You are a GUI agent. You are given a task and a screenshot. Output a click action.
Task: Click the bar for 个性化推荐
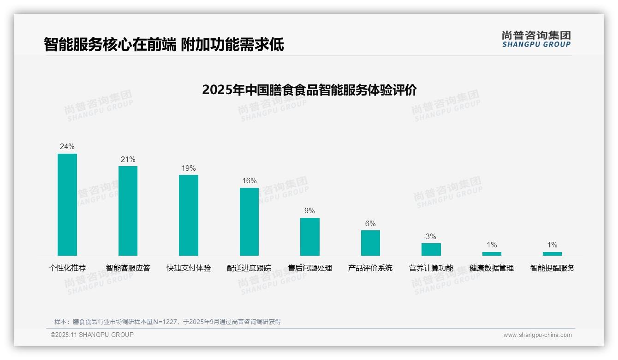67,204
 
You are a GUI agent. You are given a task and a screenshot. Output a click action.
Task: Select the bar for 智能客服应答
128,211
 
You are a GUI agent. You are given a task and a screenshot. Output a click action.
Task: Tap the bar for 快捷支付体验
189,215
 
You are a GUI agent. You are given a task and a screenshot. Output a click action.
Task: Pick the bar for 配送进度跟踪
249,222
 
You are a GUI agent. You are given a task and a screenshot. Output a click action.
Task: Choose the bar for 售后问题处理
309,236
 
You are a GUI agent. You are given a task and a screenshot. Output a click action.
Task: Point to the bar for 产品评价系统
370,243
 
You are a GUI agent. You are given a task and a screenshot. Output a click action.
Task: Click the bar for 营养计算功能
431,249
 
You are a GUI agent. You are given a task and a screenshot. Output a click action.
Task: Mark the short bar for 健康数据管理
492,253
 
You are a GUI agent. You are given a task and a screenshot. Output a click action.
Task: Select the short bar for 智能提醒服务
552,253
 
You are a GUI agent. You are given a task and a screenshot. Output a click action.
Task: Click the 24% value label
67,147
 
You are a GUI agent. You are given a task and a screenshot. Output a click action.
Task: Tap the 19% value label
189,168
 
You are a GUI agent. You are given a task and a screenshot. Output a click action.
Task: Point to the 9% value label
309,211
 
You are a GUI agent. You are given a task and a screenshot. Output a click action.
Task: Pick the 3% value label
431,237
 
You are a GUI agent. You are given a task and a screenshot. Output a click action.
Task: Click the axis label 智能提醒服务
552,268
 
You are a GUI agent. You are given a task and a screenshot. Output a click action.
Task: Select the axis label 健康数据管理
492,268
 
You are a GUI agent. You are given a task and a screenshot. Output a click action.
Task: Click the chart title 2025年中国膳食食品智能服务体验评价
309,90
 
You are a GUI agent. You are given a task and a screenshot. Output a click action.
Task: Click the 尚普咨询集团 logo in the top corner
536,39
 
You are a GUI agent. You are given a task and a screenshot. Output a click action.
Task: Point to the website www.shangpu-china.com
537,335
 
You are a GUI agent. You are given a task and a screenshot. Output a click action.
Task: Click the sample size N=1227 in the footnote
163,322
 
